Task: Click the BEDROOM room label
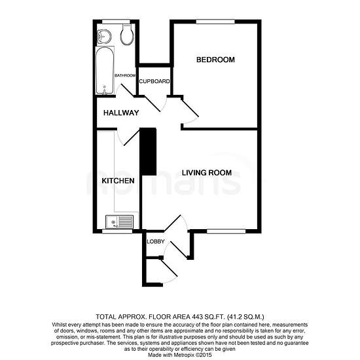click(x=215, y=60)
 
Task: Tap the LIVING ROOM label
click(x=207, y=173)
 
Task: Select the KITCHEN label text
click(x=118, y=181)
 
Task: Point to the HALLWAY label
click(x=121, y=113)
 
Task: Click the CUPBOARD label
click(x=154, y=81)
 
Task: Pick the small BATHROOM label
click(x=125, y=75)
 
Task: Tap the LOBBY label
click(x=156, y=242)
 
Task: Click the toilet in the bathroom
click(x=127, y=34)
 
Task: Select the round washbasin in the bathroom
click(x=104, y=37)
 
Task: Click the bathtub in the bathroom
click(x=105, y=70)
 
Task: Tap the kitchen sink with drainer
click(x=119, y=221)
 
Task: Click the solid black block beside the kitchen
click(x=148, y=152)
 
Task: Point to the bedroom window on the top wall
click(x=215, y=22)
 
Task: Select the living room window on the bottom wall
click(x=226, y=231)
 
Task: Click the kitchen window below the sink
click(x=117, y=231)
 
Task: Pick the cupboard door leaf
click(x=152, y=104)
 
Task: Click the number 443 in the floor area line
click(x=197, y=317)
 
